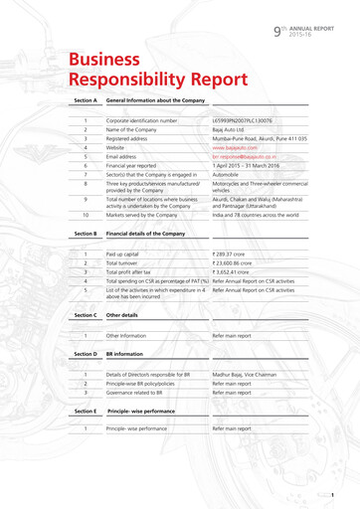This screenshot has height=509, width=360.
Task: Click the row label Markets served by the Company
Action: point(147,214)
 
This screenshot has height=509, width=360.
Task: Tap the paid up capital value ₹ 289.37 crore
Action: point(235,254)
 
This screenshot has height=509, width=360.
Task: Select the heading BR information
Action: point(124,354)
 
